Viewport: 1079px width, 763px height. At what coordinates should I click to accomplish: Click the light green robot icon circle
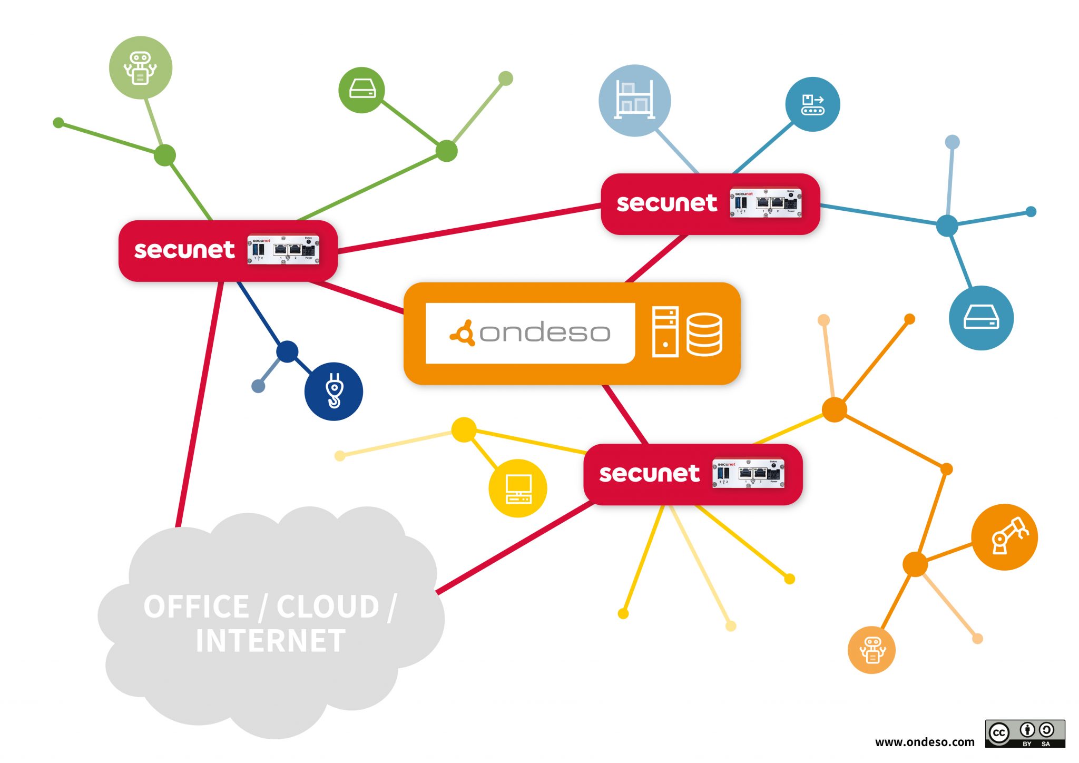tap(140, 67)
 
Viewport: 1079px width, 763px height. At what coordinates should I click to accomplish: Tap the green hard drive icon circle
tap(361, 90)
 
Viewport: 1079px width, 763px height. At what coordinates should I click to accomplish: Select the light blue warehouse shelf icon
tap(635, 100)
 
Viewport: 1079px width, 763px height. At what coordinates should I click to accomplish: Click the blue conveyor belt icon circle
tap(812, 104)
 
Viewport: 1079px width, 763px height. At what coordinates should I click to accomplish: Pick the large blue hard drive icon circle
tap(981, 318)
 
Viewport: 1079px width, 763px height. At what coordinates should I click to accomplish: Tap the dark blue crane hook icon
tap(333, 392)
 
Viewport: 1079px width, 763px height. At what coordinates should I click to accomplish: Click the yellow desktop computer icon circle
tap(518, 488)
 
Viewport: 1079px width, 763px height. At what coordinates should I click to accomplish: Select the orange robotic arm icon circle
tap(1004, 537)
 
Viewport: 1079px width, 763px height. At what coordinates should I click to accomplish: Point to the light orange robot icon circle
tap(871, 650)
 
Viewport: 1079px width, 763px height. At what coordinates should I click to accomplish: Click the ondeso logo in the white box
tap(530, 333)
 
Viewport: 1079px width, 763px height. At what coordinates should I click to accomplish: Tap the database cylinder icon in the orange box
tap(704, 335)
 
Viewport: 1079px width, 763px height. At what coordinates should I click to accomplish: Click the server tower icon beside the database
tap(665, 332)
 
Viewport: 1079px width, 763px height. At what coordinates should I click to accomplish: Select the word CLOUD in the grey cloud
tap(328, 607)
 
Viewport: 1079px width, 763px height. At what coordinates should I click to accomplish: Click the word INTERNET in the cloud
tap(270, 641)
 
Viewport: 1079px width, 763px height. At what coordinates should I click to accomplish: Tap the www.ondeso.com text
tap(925, 742)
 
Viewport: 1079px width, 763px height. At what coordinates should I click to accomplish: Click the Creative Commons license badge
tap(1025, 733)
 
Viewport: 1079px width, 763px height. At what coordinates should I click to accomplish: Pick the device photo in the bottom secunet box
tap(748, 474)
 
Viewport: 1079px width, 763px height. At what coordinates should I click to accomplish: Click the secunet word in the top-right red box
tap(666, 203)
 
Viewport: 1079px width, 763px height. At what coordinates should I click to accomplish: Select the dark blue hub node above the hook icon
tap(287, 351)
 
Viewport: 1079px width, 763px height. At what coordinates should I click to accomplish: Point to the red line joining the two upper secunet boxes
tap(469, 228)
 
